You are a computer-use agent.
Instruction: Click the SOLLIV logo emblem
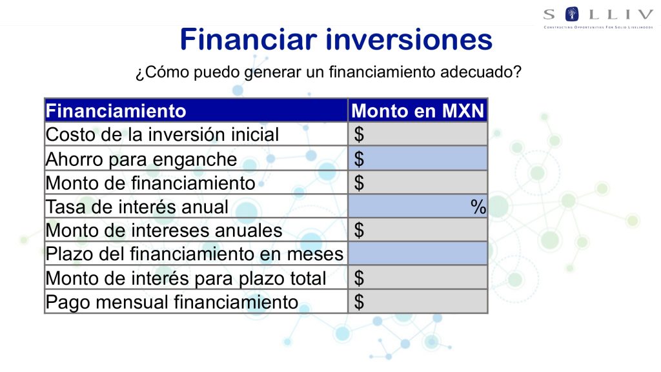[x=572, y=14]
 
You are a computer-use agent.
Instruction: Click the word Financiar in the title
[x=249, y=39]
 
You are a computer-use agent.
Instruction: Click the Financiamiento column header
[x=116, y=111]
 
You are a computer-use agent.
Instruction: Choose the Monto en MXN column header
[x=418, y=111]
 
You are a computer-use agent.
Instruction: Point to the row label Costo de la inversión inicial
[x=162, y=135]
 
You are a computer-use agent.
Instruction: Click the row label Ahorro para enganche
[x=141, y=160]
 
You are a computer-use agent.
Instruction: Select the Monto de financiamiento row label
[x=150, y=183]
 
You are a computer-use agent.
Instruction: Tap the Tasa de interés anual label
[x=137, y=207]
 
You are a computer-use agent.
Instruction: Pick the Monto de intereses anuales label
[x=164, y=231]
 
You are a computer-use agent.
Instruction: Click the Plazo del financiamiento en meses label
[x=195, y=254]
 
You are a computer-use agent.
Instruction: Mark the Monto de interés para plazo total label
[x=186, y=278]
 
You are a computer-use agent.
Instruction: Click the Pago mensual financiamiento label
[x=172, y=302]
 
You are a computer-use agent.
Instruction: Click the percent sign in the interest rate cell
[x=478, y=207]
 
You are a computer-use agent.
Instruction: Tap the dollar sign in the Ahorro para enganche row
[x=359, y=159]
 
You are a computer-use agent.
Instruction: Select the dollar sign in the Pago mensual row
[x=359, y=302]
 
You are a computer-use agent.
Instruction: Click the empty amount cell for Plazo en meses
[x=418, y=253]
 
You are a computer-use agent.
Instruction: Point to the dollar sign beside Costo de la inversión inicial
[x=359, y=134]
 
